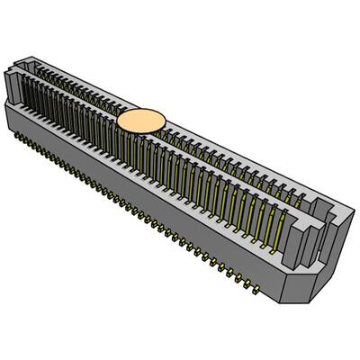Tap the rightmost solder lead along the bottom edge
[258, 290]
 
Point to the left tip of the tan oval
[117, 122]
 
